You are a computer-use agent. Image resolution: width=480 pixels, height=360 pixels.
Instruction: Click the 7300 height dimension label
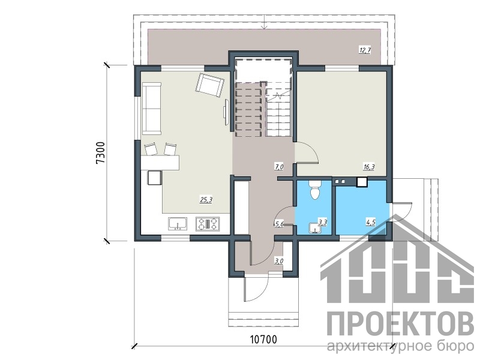pyautogui.click(x=101, y=153)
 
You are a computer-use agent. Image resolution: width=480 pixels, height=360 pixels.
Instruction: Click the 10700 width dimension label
pyautogui.click(x=263, y=340)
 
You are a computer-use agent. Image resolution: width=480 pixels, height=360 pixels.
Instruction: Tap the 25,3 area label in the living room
pyautogui.click(x=206, y=200)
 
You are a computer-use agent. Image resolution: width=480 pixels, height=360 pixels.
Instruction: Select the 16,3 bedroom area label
pyautogui.click(x=369, y=167)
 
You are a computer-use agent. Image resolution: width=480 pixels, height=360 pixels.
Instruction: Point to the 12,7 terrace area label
pyautogui.click(x=365, y=50)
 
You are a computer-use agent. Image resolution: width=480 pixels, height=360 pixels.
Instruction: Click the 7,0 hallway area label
pyautogui.click(x=279, y=167)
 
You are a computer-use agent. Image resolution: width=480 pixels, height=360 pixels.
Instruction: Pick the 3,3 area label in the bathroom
pyautogui.click(x=322, y=223)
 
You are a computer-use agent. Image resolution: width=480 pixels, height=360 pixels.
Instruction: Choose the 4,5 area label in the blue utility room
pyautogui.click(x=370, y=223)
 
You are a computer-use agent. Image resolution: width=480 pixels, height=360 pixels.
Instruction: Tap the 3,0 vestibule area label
pyautogui.click(x=279, y=261)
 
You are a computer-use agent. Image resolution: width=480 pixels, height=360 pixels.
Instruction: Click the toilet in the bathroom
pyautogui.click(x=314, y=190)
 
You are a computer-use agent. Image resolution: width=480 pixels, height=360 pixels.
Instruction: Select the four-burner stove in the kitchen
pyautogui.click(x=208, y=223)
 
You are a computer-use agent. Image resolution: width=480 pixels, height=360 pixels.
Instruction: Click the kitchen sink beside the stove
pyautogui.click(x=178, y=223)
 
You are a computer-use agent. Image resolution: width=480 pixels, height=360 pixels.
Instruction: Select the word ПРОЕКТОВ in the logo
pyautogui.click(x=400, y=323)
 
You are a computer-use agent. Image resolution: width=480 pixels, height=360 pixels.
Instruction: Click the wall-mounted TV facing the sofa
pyautogui.click(x=226, y=112)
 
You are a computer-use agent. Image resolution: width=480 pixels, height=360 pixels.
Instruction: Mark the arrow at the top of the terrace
pyautogui.click(x=265, y=22)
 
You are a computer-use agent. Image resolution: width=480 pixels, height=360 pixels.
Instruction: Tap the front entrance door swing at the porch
pyautogui.click(x=257, y=290)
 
